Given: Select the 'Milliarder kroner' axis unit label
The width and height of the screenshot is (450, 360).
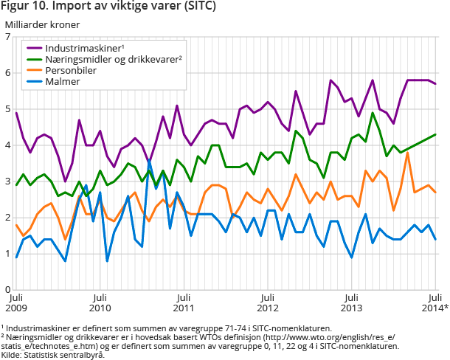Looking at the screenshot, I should (x=42, y=26).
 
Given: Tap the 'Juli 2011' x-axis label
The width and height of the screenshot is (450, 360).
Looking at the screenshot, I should (x=184, y=302).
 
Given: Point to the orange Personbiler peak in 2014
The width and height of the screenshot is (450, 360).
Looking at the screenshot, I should (x=407, y=153).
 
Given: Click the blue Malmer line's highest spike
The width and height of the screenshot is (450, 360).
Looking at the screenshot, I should (x=149, y=159).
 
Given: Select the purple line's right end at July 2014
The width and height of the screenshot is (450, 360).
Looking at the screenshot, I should (x=435, y=84).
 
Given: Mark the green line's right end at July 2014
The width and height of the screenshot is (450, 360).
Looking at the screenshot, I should (x=435, y=134).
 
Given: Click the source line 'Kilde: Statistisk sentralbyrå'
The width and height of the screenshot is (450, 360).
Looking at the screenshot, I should (x=52, y=355).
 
